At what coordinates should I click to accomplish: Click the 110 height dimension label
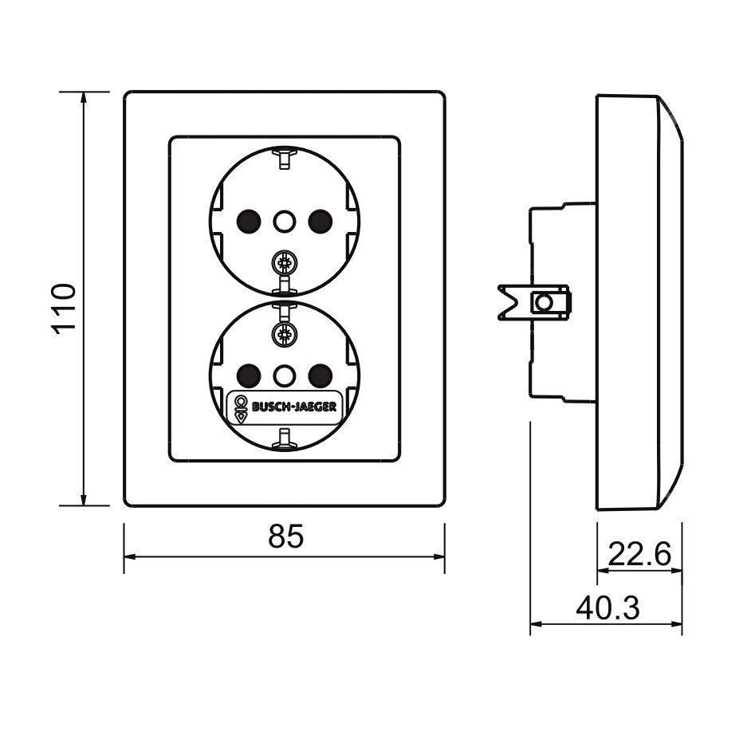63,309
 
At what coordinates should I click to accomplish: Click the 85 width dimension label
286,536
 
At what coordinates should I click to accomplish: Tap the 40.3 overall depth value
607,608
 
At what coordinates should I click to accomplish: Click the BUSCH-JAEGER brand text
294,407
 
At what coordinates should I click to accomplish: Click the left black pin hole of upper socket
249,222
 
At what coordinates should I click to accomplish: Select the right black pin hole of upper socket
320,222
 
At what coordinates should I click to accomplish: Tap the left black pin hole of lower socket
249,375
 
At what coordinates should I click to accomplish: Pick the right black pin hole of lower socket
320,375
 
